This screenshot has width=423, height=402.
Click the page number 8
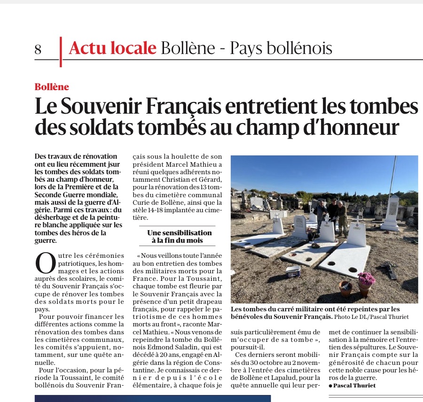[38, 49]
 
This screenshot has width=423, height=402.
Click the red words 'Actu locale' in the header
[112, 48]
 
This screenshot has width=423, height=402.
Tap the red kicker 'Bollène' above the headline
[52, 87]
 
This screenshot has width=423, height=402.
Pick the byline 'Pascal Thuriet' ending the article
[354, 386]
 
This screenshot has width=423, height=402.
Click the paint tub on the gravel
[293, 271]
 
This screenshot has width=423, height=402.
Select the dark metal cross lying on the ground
[390, 270]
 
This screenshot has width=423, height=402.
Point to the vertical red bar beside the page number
[61, 52]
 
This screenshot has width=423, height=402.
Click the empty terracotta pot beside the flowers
[346, 288]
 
